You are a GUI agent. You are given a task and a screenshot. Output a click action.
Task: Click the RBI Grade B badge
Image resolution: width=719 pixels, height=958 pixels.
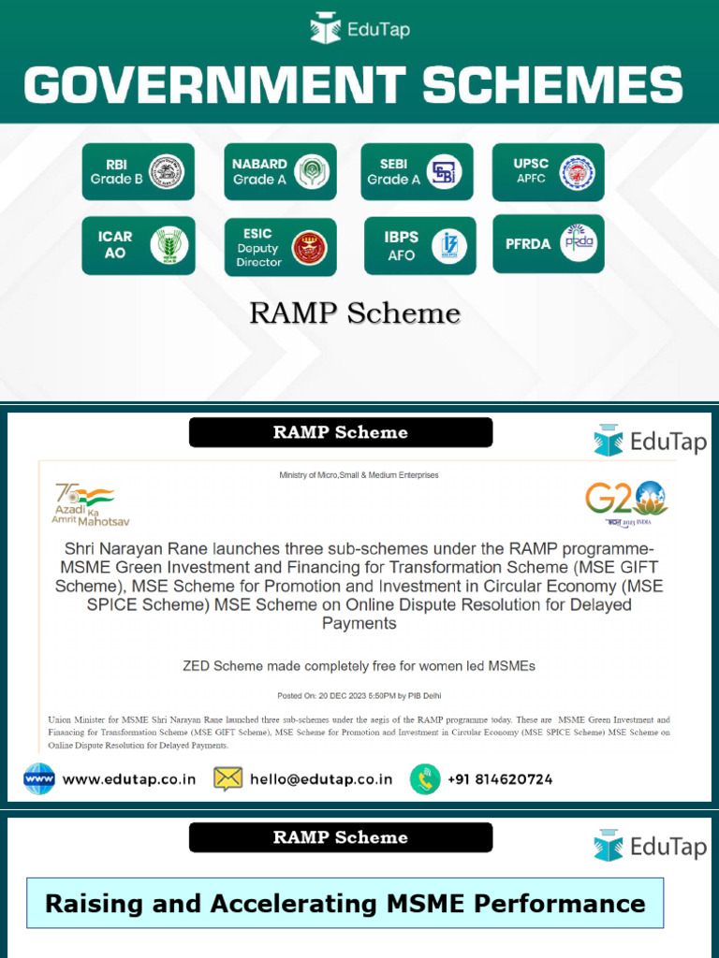click(x=138, y=171)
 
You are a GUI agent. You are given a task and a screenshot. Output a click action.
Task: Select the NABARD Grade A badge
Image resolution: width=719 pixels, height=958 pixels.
click(x=280, y=171)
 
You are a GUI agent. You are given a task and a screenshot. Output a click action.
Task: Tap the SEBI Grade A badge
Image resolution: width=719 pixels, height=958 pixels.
click(x=418, y=171)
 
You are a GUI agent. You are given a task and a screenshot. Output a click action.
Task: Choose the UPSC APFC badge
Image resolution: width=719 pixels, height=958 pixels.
click(x=549, y=171)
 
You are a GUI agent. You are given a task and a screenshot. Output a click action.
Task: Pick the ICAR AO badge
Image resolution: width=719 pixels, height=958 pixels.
click(x=139, y=245)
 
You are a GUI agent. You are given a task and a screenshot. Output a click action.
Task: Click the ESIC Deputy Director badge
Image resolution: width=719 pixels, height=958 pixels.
click(x=280, y=247)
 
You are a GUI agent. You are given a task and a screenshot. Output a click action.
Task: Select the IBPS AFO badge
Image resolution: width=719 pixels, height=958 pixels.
click(x=420, y=246)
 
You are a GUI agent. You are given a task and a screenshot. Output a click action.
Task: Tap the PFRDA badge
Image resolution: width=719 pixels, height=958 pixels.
click(x=549, y=244)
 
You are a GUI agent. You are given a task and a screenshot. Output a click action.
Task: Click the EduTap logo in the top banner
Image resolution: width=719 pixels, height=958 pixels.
click(x=359, y=29)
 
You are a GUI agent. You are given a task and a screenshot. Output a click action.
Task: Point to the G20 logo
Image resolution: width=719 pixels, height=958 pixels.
click(x=626, y=503)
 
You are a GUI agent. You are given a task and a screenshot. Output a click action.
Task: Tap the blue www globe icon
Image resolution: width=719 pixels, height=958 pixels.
click(x=39, y=778)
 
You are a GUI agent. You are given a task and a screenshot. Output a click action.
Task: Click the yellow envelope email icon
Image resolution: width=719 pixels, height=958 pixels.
click(x=228, y=778)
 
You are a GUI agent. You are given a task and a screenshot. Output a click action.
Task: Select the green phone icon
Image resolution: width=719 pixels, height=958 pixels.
click(x=425, y=778)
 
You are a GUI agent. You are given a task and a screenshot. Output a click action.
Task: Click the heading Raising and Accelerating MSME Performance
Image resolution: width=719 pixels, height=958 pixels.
click(x=345, y=903)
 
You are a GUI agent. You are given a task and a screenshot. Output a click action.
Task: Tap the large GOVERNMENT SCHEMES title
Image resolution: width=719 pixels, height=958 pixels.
click(x=353, y=85)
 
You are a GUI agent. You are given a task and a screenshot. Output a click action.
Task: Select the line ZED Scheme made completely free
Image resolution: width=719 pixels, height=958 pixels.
click(x=359, y=666)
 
